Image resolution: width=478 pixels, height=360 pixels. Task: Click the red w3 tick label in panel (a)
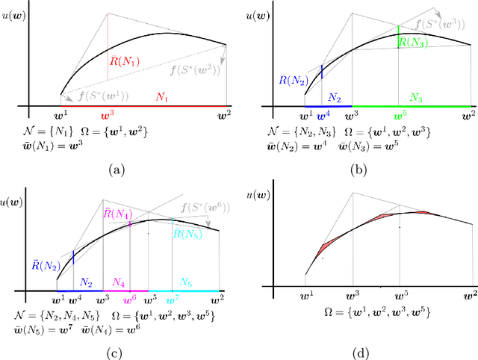pyautogui.click(x=108, y=116)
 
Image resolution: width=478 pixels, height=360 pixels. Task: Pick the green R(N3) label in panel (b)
pyautogui.click(x=412, y=43)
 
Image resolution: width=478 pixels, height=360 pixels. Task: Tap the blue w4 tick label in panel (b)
pyautogui.click(x=323, y=117)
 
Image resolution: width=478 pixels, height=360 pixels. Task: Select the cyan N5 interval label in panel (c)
pyautogui.click(x=181, y=282)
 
